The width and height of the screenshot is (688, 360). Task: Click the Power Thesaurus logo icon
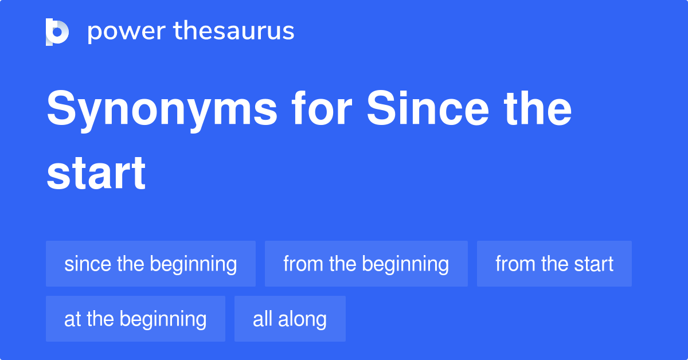57,32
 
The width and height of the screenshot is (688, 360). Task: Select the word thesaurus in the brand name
234,32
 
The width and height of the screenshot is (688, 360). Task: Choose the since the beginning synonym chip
151,264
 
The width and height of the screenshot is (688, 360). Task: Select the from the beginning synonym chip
366,264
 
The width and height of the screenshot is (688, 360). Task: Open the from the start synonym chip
554,264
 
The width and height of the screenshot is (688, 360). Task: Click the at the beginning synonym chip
135,319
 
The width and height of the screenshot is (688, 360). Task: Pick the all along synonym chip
290,319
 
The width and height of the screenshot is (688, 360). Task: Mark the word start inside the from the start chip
592,264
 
